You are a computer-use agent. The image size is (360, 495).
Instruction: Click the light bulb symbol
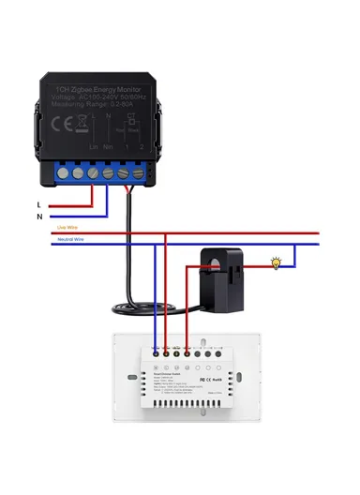point(276,264)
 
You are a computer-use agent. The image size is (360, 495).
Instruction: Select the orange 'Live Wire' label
point(67,227)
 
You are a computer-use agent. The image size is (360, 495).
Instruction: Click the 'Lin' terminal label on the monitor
point(93,147)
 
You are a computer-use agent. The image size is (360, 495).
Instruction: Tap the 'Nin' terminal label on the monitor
point(109,147)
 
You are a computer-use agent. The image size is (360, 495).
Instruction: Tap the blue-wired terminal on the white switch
point(154,353)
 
